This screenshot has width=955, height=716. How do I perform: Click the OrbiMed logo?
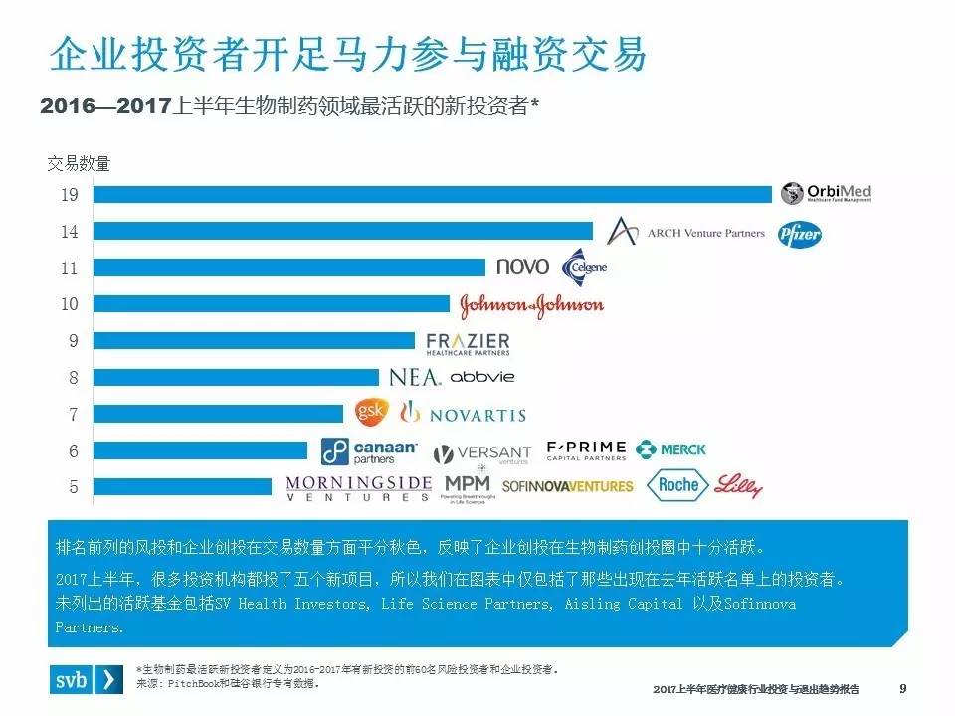click(827, 193)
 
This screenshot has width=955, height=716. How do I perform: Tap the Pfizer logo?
click(800, 233)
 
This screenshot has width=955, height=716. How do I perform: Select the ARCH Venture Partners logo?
click(685, 233)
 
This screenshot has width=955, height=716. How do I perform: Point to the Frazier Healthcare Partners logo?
click(468, 343)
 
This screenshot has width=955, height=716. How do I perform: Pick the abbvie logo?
click(482, 378)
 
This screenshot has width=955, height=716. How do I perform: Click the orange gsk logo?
click(369, 412)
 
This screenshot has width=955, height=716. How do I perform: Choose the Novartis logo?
click(463, 413)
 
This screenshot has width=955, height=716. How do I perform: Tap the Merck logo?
click(671, 449)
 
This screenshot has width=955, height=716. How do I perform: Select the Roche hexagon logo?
click(679, 485)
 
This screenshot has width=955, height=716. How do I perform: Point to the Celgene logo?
click(584, 268)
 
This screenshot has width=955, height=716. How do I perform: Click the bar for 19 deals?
click(432, 195)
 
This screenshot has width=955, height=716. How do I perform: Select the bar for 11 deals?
click(288, 268)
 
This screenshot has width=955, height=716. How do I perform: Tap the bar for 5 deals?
click(182, 486)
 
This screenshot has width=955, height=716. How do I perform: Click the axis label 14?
click(69, 232)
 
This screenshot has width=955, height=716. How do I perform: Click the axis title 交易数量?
click(79, 164)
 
